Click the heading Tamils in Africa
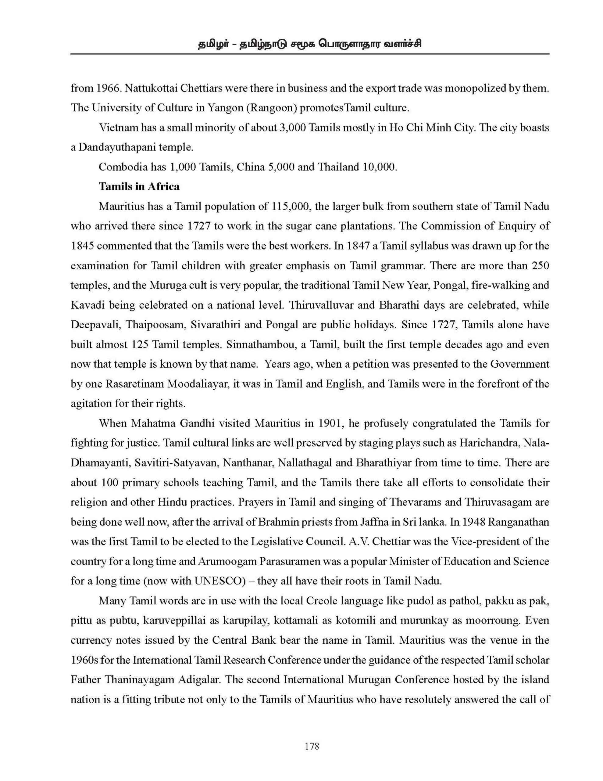139,187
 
